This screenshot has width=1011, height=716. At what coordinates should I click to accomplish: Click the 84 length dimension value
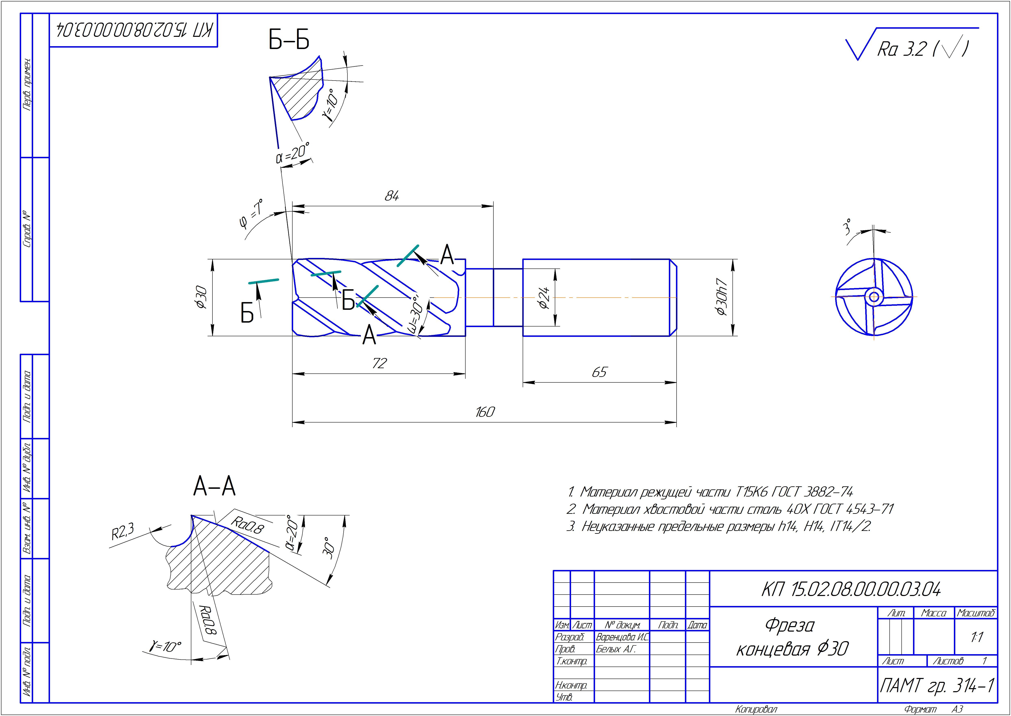click(392, 196)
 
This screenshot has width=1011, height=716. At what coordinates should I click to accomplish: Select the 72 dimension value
click(379, 363)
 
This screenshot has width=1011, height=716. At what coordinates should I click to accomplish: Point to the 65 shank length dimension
click(599, 373)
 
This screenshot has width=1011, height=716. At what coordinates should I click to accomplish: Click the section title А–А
click(214, 487)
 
